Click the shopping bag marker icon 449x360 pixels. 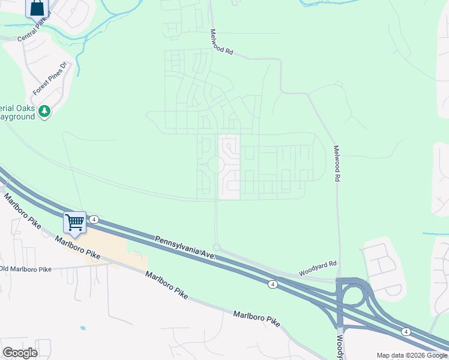tap(37, 8)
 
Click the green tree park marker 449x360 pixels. tap(44, 111)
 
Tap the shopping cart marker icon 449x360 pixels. tap(75, 222)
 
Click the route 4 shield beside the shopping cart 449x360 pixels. tap(95, 220)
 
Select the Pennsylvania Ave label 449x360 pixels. tap(185, 247)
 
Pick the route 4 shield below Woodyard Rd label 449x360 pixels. tap(273, 284)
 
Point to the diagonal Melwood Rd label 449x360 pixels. tap(221, 43)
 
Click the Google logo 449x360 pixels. tap(20, 353)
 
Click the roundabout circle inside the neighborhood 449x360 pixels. tap(216, 164)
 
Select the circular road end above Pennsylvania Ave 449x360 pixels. tap(216, 247)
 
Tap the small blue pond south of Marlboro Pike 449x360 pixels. tap(82, 328)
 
